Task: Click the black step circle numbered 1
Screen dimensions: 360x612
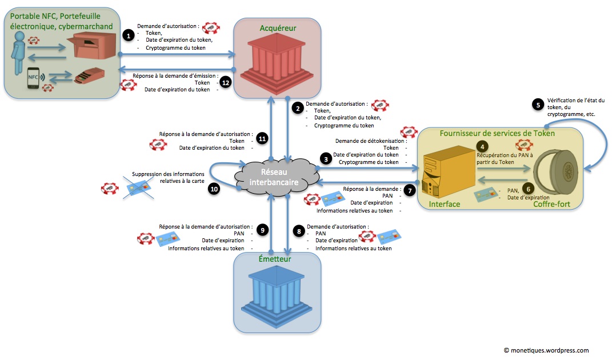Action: pyautogui.click(x=129, y=35)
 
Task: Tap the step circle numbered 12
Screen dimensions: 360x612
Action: pyautogui.click(x=226, y=83)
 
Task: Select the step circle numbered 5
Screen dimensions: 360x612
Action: pyautogui.click(x=537, y=104)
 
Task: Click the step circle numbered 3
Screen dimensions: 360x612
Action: pyautogui.click(x=326, y=159)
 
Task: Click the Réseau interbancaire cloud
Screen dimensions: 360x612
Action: pyautogui.click(x=274, y=175)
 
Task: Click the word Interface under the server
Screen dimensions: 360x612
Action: pyautogui.click(x=445, y=204)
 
